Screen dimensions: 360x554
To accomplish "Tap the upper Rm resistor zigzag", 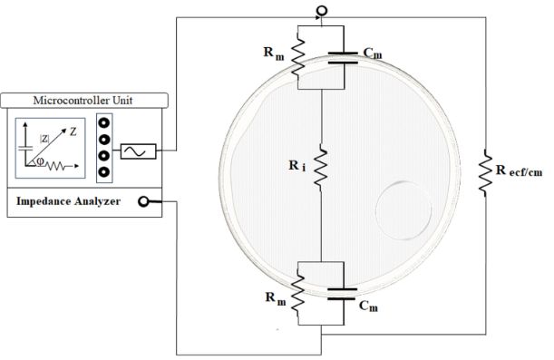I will point(299,57).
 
